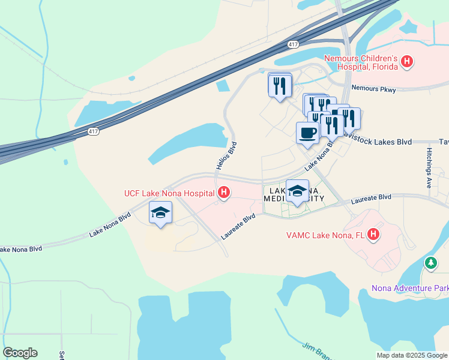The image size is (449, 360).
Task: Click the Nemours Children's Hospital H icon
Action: coord(408,61)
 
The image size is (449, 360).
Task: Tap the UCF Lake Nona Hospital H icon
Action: coord(224,193)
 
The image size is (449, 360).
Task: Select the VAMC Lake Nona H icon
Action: coord(374,234)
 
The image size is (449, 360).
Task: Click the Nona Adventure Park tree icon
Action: coord(430,263)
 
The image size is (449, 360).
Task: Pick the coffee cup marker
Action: coord(307,133)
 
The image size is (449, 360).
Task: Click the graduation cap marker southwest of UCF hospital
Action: coord(160,212)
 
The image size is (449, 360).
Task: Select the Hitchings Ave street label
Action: coord(429,168)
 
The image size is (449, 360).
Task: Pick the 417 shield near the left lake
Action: coord(92,131)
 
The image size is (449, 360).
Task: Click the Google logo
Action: coord(20,353)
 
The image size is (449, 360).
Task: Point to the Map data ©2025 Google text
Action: coord(411,355)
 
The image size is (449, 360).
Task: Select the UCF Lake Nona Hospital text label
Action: coord(169,193)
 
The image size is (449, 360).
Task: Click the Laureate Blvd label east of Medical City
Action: coord(371,197)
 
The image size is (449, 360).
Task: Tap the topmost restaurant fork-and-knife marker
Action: coord(280,86)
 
